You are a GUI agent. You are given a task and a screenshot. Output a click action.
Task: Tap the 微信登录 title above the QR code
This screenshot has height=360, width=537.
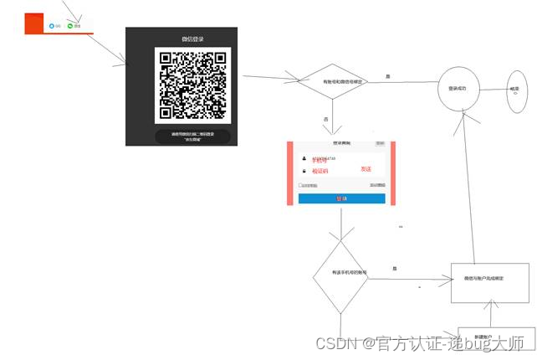[193, 39]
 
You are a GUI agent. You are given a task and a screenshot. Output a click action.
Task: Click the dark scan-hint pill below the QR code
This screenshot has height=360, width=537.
[193, 136]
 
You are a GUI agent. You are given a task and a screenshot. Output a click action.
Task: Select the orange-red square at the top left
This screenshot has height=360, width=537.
[35, 23]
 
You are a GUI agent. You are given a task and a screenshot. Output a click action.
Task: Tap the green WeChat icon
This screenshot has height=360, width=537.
[71, 26]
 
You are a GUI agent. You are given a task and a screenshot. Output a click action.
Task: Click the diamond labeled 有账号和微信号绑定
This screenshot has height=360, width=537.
[332, 81]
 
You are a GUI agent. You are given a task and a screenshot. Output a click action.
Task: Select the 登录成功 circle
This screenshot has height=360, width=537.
[463, 87]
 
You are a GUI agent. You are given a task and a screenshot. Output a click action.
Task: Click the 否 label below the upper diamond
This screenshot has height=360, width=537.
[325, 120]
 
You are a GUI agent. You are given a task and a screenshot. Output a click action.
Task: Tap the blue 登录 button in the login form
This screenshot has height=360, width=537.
[341, 198]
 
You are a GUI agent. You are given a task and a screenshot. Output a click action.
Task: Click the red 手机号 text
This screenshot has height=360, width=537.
[320, 160]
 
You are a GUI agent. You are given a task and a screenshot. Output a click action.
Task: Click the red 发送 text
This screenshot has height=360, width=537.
[366, 169]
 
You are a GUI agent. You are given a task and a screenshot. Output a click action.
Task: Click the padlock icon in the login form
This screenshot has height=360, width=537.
[303, 171]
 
